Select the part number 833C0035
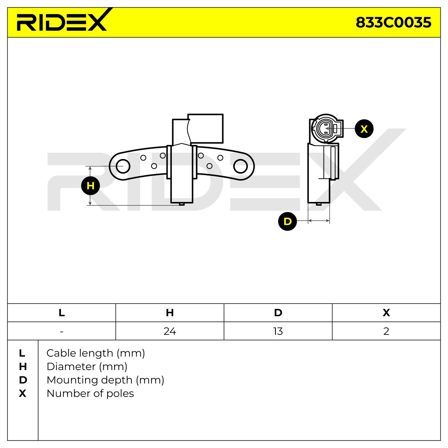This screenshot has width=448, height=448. click(393, 23)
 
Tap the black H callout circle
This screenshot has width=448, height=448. click(90, 186)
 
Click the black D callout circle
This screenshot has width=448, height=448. click(287, 221)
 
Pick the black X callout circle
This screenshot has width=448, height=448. click(364, 129)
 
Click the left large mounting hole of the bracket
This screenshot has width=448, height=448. click(123, 166)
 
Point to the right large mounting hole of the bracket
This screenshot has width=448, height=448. click(240, 166)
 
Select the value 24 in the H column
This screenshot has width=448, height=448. click(170, 331)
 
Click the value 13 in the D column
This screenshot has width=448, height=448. click(278, 331)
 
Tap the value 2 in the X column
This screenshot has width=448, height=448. click(386, 331)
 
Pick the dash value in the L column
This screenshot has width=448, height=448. click(62, 332)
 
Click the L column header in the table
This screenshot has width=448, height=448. click(62, 313)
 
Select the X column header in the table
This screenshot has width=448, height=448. click(386, 313)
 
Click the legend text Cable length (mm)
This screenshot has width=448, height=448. click(96, 354)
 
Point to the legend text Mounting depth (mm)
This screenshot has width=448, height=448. click(105, 380)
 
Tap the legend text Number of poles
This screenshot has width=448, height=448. click(90, 393)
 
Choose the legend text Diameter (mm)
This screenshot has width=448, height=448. click(87, 367)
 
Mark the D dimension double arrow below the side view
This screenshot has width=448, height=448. click(319, 221)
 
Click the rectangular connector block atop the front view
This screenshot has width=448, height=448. click(205, 128)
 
